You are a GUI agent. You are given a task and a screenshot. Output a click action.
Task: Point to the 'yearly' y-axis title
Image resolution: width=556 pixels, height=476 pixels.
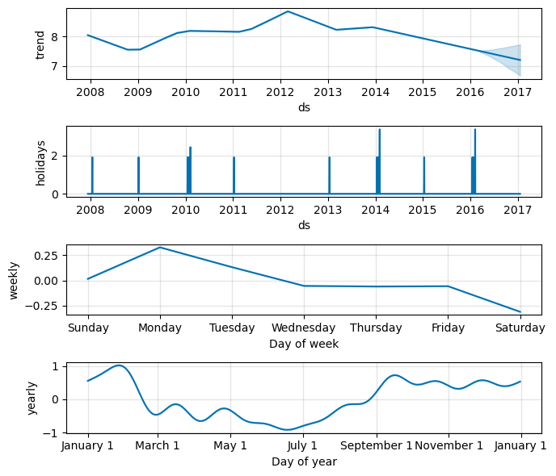click(x=32, y=399)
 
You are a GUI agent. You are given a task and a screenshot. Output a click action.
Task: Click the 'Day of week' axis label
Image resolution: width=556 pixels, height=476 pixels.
click(x=304, y=344)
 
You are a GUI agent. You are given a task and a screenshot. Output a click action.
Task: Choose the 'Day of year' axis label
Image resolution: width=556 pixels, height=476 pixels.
click(x=304, y=461)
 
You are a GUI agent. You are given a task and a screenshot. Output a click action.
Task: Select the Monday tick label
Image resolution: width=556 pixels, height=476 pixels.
click(x=160, y=328)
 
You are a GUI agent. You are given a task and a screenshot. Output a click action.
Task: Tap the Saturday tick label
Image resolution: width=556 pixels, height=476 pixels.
click(x=520, y=328)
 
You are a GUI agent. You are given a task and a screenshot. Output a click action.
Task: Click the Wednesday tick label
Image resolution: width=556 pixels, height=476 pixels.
click(x=304, y=328)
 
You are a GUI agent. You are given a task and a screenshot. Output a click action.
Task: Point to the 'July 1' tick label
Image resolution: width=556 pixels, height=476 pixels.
click(x=303, y=446)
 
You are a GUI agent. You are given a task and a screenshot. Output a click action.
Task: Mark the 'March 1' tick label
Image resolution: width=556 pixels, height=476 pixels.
click(x=158, y=446)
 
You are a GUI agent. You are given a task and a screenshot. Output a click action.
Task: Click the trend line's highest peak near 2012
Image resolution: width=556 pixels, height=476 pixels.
click(x=288, y=11)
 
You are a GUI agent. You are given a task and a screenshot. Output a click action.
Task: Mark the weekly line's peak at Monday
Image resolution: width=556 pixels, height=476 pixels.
click(x=160, y=247)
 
